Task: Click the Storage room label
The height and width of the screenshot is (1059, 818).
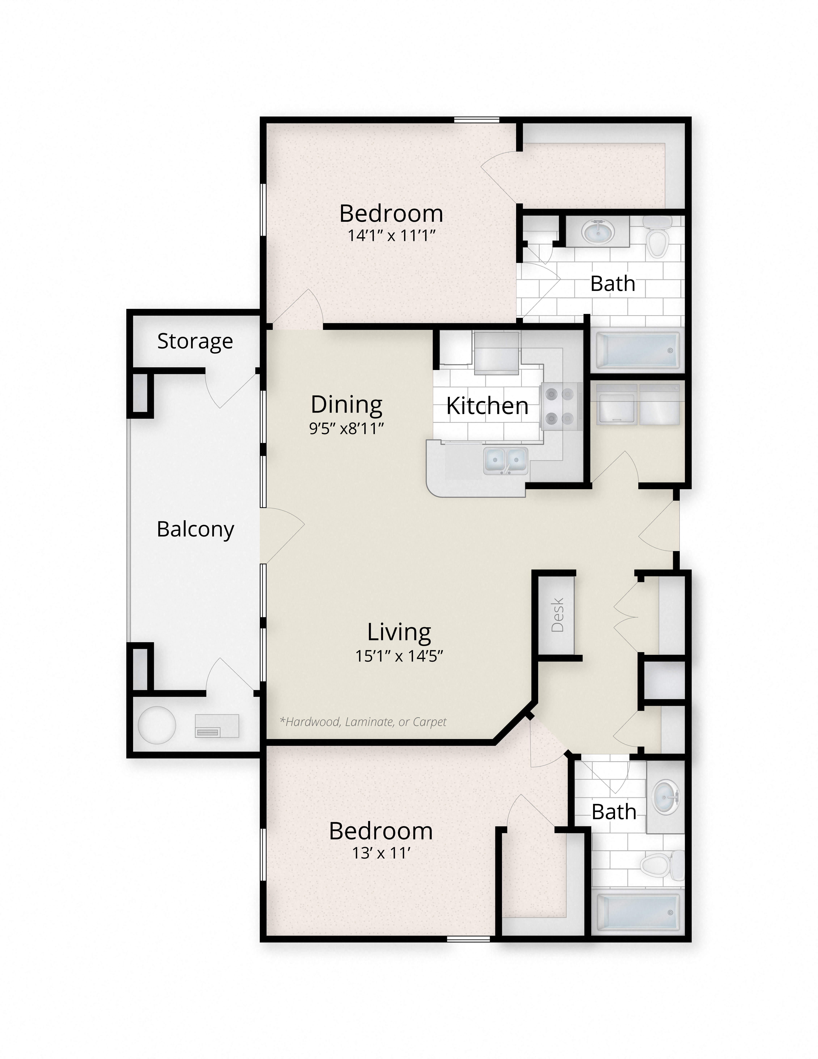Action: (x=195, y=341)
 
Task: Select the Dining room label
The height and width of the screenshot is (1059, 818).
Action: (x=347, y=404)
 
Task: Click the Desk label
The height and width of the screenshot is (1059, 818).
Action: (x=558, y=615)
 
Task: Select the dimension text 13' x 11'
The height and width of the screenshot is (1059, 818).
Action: (x=381, y=853)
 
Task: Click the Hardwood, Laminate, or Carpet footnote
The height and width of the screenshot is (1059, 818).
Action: (x=363, y=721)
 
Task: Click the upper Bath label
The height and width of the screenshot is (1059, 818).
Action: (x=613, y=284)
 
